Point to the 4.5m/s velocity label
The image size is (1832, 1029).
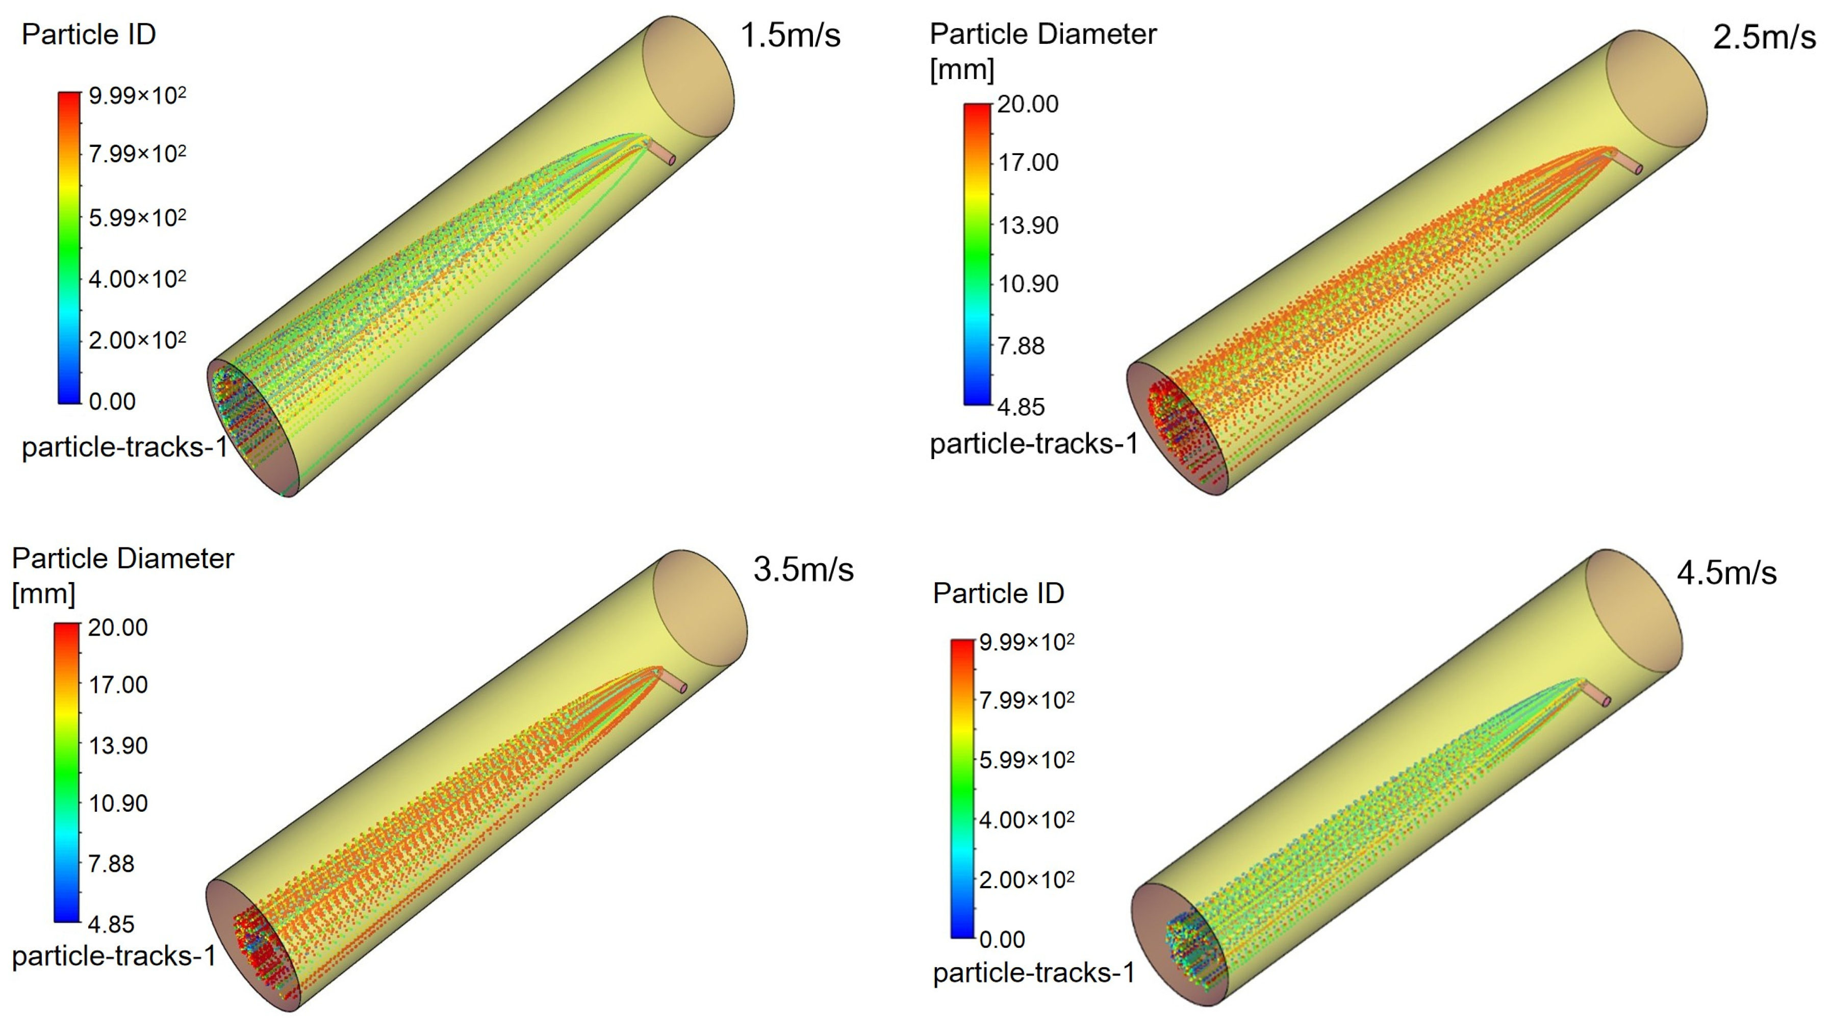click(1727, 573)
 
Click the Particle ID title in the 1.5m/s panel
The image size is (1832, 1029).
click(89, 34)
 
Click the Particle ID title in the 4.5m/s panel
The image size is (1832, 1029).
click(999, 593)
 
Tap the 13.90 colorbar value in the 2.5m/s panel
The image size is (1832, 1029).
click(1028, 225)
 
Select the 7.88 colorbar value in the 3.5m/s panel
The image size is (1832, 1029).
click(111, 863)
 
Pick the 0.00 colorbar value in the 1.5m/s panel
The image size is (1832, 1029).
click(112, 401)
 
